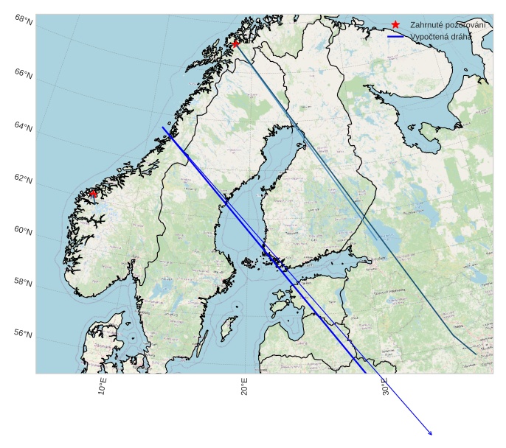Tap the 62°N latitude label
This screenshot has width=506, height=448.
pos(24,179)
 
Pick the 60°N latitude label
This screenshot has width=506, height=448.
pos(24,231)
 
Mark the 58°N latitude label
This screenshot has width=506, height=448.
pos(24,282)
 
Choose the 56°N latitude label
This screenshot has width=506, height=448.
pos(24,334)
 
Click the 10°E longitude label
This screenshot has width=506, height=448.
pos(103,386)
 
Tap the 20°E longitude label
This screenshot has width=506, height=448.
pos(244,386)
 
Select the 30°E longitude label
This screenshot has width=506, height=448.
pos(386,386)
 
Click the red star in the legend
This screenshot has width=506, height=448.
pos(396,24)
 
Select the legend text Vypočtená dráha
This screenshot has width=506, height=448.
pos(441,36)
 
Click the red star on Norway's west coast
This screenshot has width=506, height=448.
pos(94,193)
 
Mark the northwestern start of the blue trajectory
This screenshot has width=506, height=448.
pos(164,127)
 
